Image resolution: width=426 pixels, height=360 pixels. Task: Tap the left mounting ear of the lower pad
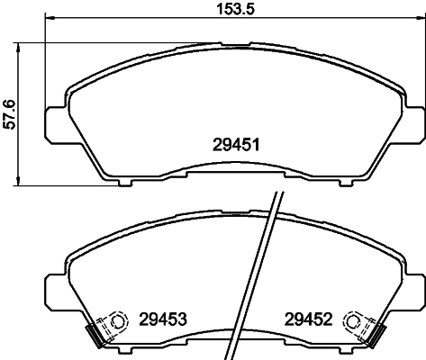point(52,289)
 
